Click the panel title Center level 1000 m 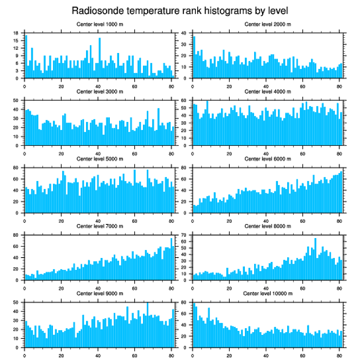(100, 24)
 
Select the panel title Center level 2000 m (267, 24)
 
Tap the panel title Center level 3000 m (100, 91)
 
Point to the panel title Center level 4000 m (267, 91)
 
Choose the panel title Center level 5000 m (100, 159)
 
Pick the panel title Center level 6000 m (267, 159)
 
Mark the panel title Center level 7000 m (100, 226)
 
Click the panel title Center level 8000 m (267, 226)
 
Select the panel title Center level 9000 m (100, 293)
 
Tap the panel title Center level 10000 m (267, 293)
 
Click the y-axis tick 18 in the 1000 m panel (16, 33)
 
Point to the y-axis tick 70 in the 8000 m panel (184, 235)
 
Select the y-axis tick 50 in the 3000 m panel (16, 101)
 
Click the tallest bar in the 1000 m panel (26, 57)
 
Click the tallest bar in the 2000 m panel (194, 57)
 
